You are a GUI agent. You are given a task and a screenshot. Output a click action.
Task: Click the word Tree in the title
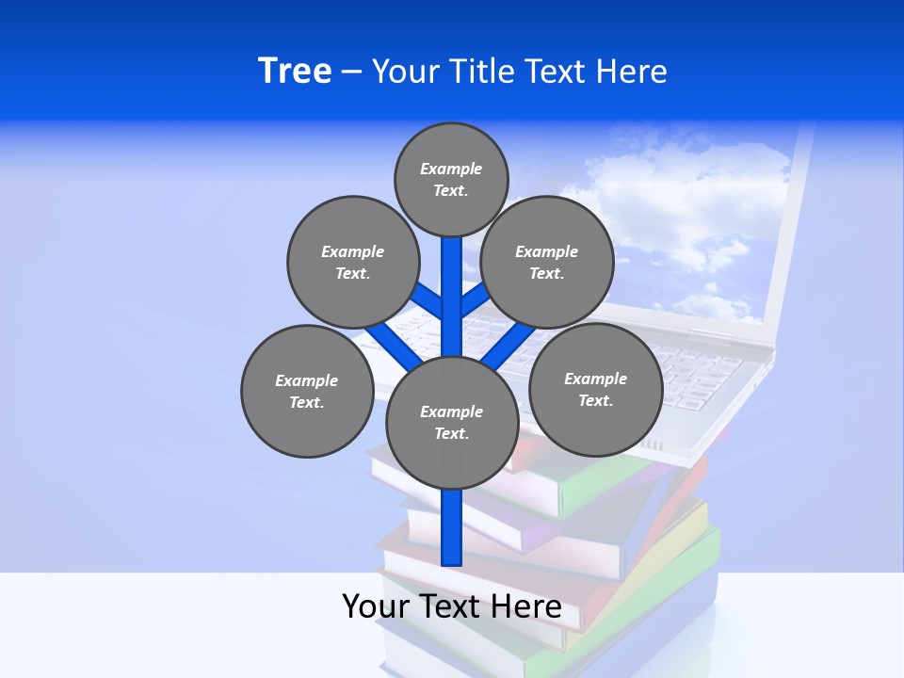coord(295,71)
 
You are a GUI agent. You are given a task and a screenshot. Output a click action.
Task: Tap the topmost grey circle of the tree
coord(451,179)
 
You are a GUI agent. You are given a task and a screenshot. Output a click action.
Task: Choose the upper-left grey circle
coord(353,262)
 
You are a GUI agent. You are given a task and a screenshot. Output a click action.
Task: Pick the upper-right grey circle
coord(547,262)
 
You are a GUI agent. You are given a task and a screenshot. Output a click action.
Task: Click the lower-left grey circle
coord(307,391)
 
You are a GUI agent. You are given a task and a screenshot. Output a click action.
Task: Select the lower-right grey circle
coord(595,389)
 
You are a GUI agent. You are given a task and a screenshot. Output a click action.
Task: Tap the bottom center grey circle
coord(452,422)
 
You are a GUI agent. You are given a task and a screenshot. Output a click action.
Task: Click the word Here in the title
coord(632,72)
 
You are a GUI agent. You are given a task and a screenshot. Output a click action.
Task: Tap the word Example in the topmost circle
coord(451,169)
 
